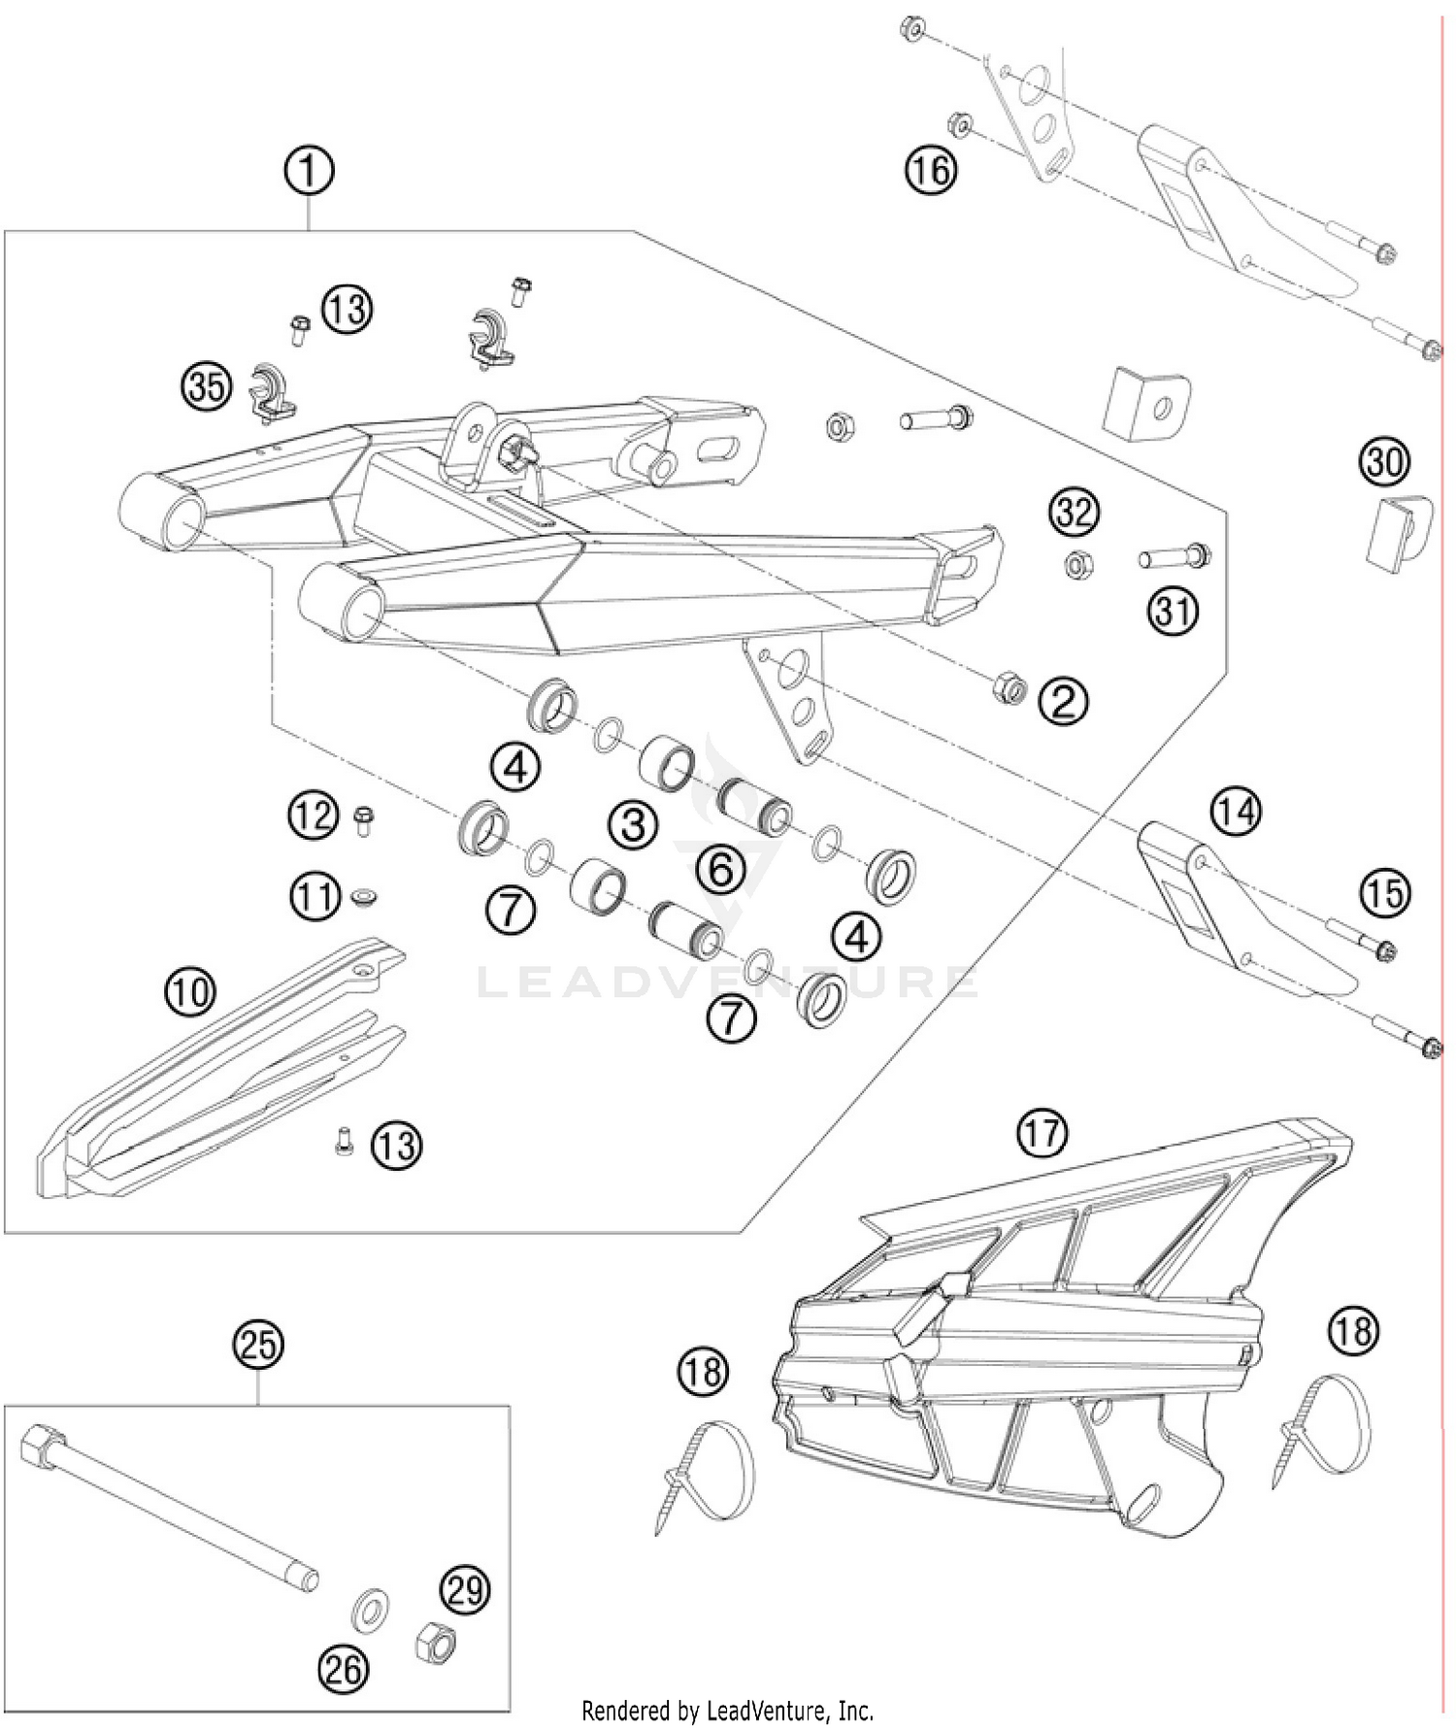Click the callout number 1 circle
click(309, 173)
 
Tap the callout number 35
click(206, 387)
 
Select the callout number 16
click(930, 171)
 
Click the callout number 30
click(1384, 461)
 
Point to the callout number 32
click(1075, 511)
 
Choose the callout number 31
click(1174, 612)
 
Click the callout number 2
click(1063, 700)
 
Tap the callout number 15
click(1384, 893)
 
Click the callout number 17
click(1042, 1132)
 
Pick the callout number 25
click(257, 1346)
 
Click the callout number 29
click(465, 1590)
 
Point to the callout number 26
click(344, 1670)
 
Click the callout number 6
click(721, 869)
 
